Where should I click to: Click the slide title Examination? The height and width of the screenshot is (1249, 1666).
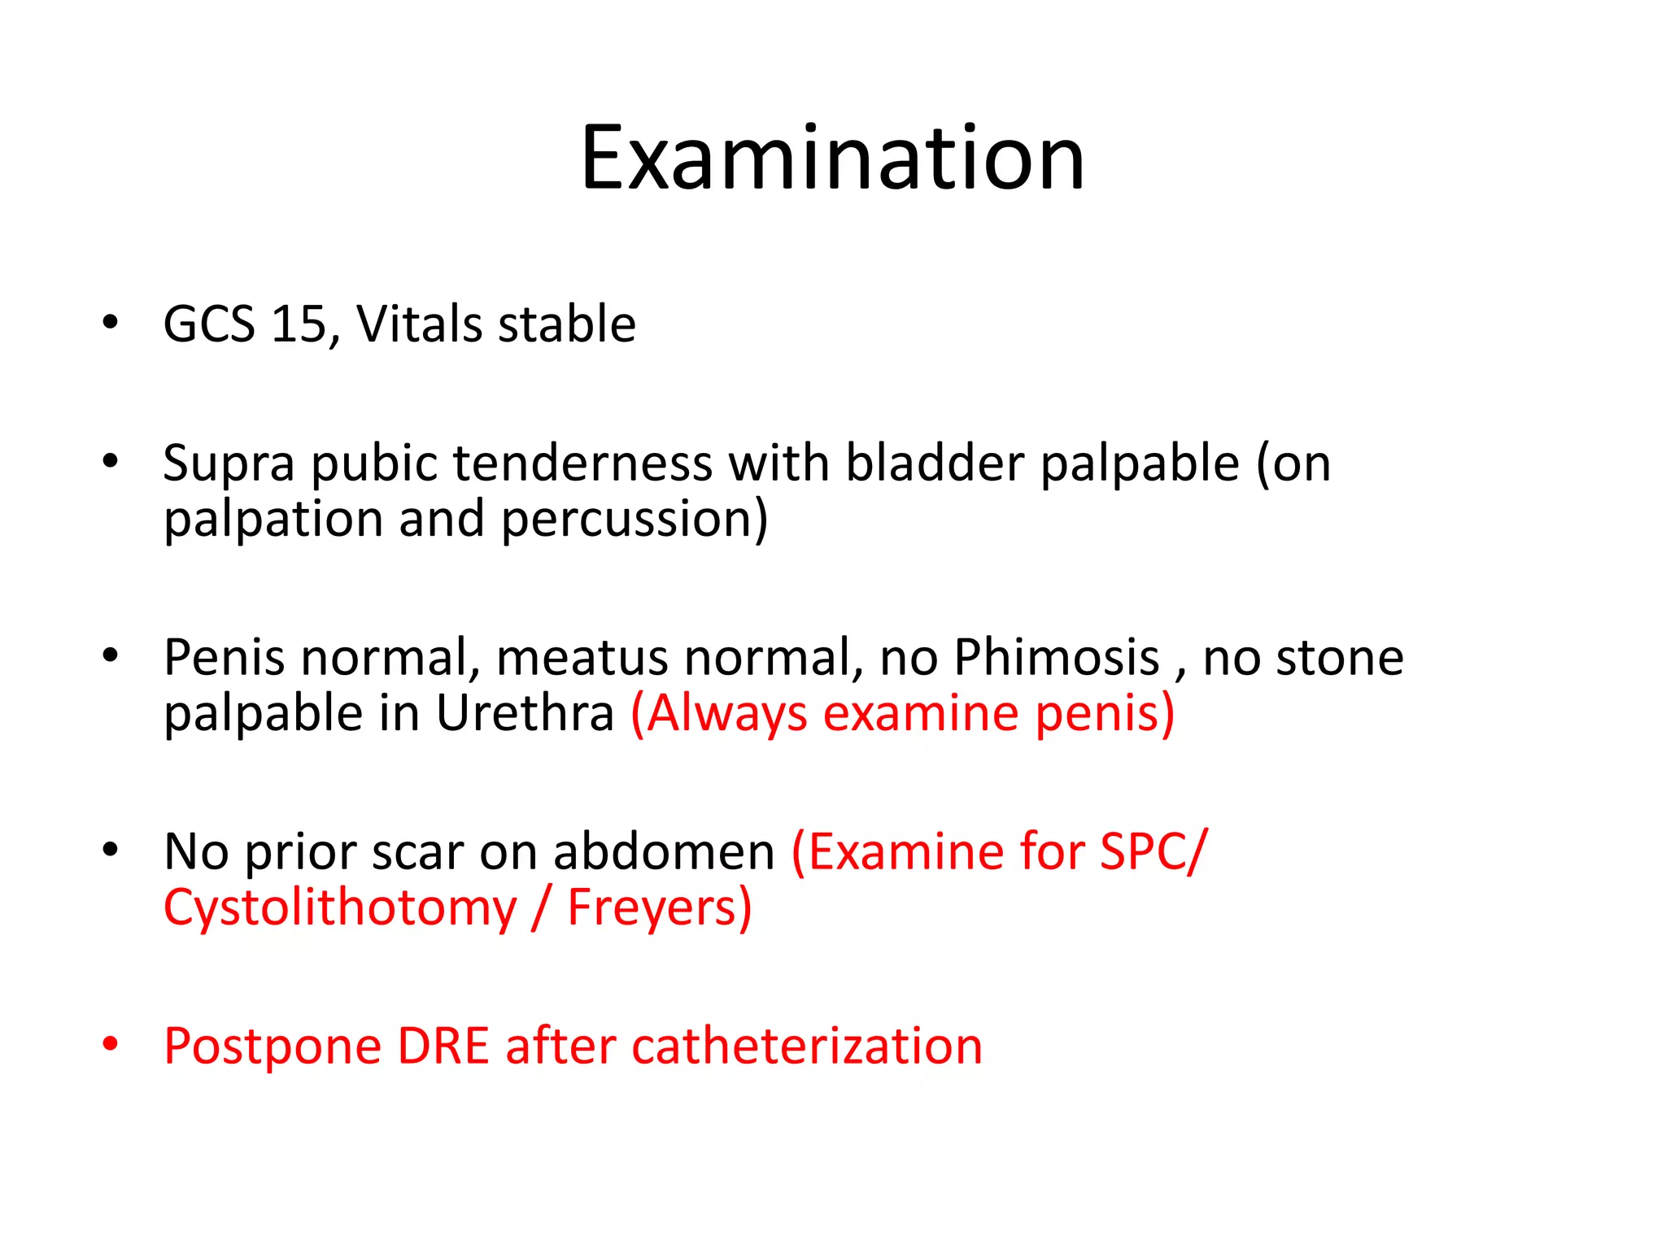click(832, 158)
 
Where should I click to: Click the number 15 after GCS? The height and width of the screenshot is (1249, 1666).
click(298, 324)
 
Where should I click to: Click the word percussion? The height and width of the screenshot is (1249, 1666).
click(630, 519)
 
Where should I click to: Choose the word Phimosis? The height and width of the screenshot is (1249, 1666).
click(1057, 657)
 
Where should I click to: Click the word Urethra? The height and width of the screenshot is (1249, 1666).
click(525, 713)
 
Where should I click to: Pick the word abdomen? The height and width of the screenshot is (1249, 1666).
click(664, 852)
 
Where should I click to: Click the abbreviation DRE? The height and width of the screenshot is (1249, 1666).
click(443, 1046)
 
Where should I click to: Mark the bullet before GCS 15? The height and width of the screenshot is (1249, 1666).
click(111, 322)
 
